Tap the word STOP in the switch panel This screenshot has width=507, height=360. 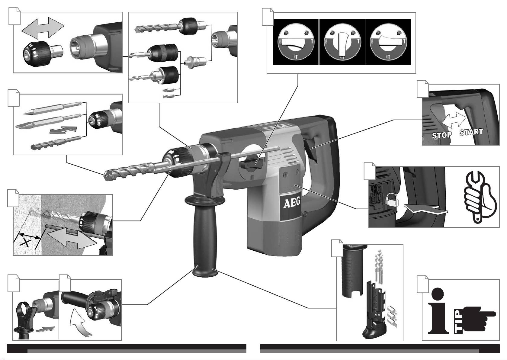point(442,135)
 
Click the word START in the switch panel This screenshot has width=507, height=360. point(471,132)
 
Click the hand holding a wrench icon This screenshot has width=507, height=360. point(480,197)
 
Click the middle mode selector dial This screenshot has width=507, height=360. point(342,42)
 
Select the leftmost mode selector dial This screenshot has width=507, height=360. point(296,42)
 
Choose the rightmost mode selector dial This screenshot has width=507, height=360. point(388,42)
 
